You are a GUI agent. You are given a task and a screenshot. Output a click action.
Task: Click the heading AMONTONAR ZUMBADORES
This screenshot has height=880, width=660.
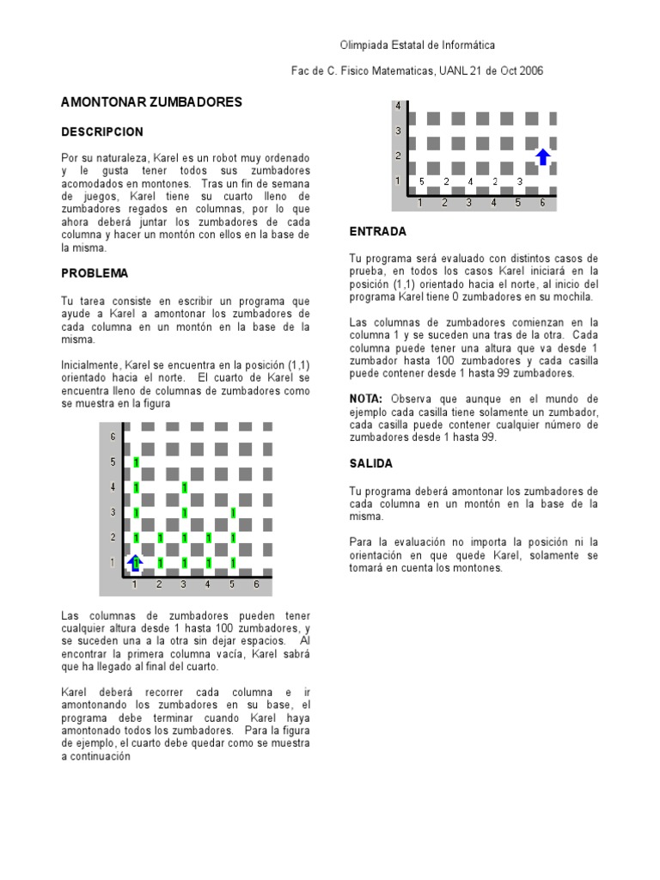click(151, 102)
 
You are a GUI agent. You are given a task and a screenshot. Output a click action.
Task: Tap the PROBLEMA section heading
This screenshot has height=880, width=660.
click(95, 273)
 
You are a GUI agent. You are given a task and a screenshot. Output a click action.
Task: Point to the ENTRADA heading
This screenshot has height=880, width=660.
click(378, 232)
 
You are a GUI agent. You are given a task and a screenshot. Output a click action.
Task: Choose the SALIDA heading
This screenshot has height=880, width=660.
click(371, 463)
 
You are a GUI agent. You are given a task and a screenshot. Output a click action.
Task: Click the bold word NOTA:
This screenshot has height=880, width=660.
click(368, 399)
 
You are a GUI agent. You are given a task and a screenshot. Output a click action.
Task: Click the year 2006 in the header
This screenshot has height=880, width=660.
click(529, 71)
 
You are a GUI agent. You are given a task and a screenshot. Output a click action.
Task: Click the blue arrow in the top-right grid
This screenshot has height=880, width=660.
click(542, 156)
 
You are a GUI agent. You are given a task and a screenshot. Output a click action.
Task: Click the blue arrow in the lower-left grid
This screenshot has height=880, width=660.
click(135, 563)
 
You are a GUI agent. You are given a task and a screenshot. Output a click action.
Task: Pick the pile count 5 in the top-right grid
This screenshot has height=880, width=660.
click(421, 182)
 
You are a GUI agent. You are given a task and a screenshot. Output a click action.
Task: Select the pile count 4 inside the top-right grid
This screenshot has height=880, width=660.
click(470, 182)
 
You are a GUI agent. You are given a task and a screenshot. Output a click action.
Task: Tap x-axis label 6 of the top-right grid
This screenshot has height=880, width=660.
click(542, 203)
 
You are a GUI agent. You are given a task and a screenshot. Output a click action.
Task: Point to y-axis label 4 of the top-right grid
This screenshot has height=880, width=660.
click(398, 107)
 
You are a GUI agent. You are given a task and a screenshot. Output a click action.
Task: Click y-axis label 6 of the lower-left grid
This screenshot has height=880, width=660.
click(113, 437)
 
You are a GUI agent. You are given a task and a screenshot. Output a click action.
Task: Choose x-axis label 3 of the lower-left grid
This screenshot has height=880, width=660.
click(183, 584)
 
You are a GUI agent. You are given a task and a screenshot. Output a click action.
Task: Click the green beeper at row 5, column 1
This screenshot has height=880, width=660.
click(137, 463)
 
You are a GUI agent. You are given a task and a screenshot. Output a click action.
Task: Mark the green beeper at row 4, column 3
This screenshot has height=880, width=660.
click(185, 488)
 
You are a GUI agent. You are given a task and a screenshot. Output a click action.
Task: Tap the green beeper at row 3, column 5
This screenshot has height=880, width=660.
click(233, 514)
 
